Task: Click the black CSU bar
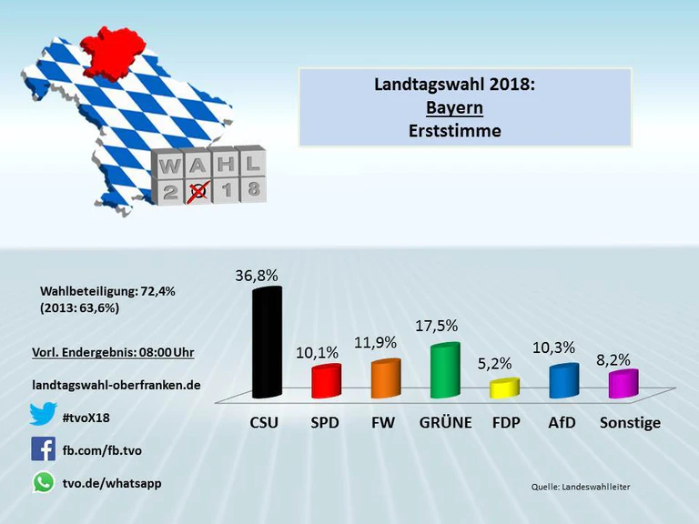click(267, 343)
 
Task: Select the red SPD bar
click(326, 381)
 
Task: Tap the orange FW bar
click(386, 378)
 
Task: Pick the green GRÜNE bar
click(445, 370)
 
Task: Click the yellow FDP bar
click(503, 388)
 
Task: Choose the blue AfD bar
click(563, 380)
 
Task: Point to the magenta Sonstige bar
click(623, 384)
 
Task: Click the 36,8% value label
click(258, 273)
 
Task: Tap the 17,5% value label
click(437, 325)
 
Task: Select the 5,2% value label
click(494, 363)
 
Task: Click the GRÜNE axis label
click(445, 423)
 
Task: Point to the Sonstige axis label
click(630, 423)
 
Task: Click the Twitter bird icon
click(43, 416)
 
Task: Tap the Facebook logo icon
click(43, 448)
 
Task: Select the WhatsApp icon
click(43, 482)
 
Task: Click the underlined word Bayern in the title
click(454, 107)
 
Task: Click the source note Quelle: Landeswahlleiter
click(581, 488)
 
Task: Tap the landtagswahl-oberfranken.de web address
click(116, 385)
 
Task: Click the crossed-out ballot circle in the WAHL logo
click(198, 191)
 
